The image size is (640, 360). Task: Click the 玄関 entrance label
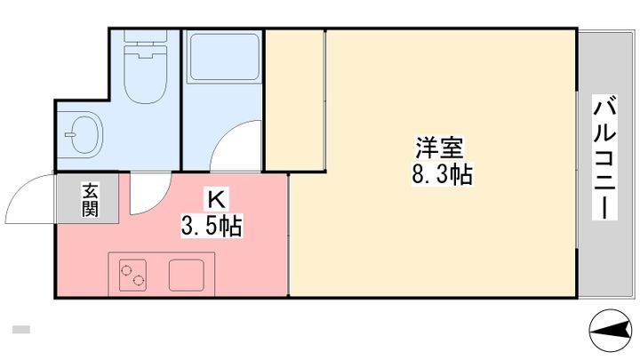(90, 201)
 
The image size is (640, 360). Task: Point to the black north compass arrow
(611, 332)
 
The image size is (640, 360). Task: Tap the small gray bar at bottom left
(21, 330)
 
